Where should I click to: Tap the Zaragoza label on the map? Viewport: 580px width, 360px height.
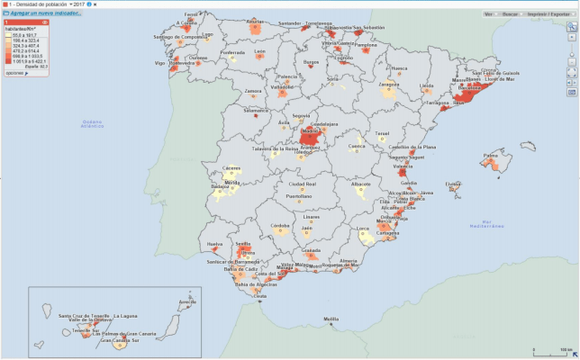click(x=388, y=84)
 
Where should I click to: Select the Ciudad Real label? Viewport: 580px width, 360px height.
click(x=303, y=184)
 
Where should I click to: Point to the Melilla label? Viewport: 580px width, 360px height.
click(x=331, y=319)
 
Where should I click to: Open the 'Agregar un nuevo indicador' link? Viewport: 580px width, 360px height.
click(x=41, y=14)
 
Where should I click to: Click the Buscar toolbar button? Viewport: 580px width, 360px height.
click(x=510, y=14)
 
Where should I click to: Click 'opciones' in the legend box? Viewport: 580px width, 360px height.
click(x=15, y=72)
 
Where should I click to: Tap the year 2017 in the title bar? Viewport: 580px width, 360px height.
click(x=79, y=4)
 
